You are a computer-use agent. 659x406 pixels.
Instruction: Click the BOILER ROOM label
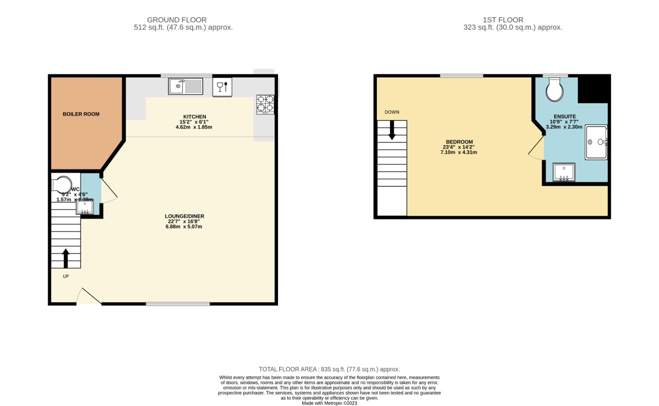[81, 114]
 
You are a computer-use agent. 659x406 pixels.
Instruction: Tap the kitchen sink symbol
[185, 86]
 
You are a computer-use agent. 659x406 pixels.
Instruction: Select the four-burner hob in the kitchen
[265, 105]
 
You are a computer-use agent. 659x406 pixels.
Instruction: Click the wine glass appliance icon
[222, 87]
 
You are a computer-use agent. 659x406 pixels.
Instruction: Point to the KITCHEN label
[194, 117]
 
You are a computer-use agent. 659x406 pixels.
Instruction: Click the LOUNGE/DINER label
[184, 216]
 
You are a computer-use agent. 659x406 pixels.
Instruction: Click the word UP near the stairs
[66, 276]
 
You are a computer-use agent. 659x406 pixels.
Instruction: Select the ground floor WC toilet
[62, 184]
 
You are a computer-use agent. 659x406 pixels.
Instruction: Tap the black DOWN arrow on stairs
[392, 130]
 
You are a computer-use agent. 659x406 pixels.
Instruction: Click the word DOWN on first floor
[392, 112]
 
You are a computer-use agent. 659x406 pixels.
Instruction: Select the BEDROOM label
[459, 142]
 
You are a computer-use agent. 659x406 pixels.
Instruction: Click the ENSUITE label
[565, 117]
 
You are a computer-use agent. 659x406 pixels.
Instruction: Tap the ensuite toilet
[555, 90]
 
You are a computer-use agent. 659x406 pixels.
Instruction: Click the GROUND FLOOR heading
[177, 20]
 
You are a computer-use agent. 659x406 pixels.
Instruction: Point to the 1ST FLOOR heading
[503, 20]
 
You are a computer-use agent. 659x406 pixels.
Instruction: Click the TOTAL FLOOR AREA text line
[329, 370]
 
